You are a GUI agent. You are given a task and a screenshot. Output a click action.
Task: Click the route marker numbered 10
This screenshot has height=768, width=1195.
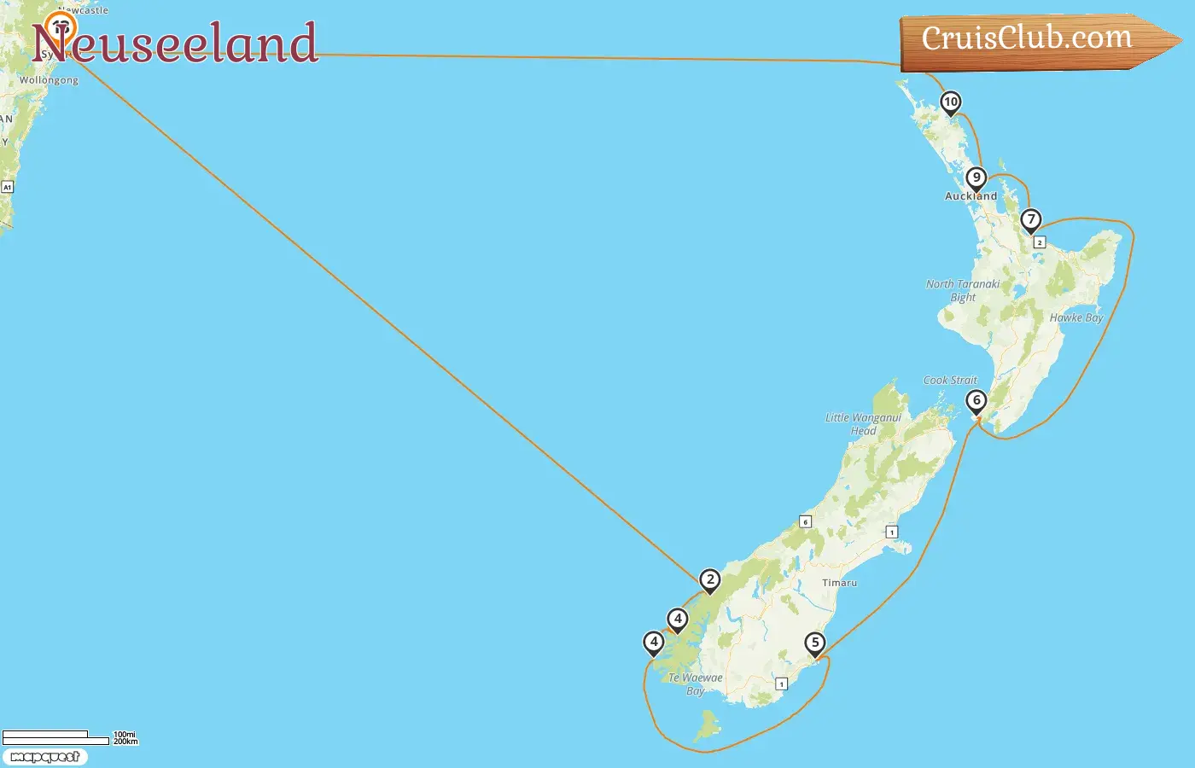click(x=950, y=102)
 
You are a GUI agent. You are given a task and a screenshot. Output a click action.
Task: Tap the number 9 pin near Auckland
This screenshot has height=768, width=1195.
click(x=976, y=178)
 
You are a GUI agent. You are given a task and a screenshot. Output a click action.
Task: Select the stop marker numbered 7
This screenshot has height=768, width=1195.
click(x=1030, y=220)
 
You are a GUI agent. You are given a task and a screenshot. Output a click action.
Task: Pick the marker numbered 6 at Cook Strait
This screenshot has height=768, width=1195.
click(x=976, y=401)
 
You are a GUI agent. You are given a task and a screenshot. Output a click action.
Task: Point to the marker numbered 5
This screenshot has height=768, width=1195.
click(x=815, y=643)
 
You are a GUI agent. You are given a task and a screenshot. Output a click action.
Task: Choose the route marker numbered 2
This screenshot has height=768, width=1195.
click(x=709, y=580)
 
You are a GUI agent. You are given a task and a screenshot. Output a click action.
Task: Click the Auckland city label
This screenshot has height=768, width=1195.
click(x=971, y=196)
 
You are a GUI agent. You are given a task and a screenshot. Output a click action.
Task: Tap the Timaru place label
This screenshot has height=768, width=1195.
click(x=839, y=583)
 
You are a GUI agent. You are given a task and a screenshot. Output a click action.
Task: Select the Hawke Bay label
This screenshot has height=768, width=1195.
click(x=1076, y=317)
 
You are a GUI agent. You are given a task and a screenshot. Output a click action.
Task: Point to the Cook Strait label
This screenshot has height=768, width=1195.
click(x=950, y=381)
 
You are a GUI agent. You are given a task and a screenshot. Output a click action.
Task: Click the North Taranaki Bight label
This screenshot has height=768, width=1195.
click(x=963, y=290)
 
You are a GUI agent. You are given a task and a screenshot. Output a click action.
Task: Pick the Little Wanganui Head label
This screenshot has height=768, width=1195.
click(x=863, y=424)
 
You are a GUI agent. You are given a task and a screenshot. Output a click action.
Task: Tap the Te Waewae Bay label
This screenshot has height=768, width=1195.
click(x=696, y=684)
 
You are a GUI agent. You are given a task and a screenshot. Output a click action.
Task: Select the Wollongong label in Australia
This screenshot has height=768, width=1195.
click(x=49, y=80)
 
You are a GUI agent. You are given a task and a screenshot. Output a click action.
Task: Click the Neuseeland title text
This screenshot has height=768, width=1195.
click(x=175, y=44)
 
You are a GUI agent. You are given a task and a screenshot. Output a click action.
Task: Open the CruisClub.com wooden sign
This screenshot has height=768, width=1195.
click(x=1028, y=39)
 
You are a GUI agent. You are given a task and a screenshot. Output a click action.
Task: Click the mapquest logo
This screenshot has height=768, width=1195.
click(x=44, y=757)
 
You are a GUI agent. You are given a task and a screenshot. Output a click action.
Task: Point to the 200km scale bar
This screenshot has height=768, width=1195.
click(x=55, y=742)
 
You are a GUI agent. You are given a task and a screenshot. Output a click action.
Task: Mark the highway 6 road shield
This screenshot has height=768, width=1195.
click(x=805, y=521)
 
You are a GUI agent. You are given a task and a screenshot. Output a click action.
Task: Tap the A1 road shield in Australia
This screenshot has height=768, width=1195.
click(x=7, y=187)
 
